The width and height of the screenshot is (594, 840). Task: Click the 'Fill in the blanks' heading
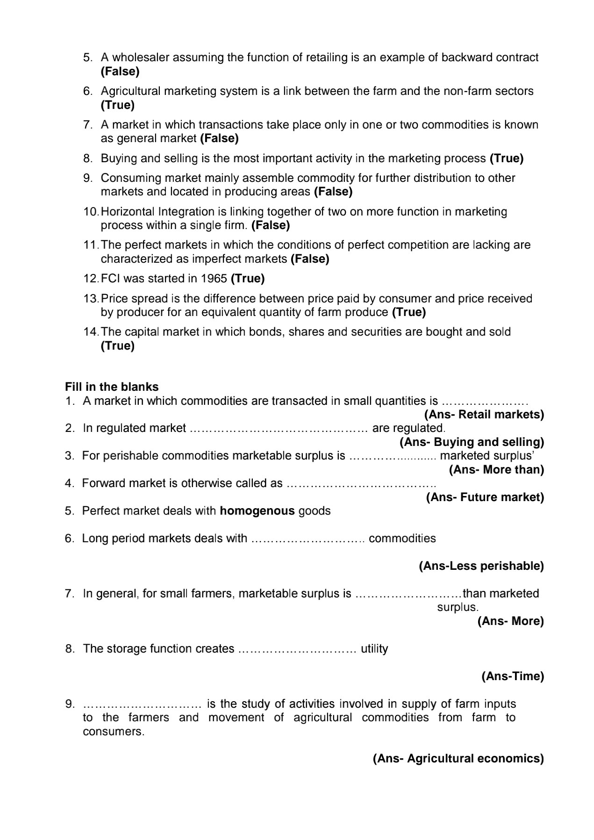112,387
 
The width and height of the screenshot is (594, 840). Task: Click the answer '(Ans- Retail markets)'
484,414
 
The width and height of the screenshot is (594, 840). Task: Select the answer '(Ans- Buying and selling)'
472,442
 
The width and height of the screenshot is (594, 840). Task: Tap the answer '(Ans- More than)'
496,469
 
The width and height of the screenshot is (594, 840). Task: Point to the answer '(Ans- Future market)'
485,497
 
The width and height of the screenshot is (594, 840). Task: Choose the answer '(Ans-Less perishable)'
481,566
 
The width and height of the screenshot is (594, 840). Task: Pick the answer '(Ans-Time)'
513,676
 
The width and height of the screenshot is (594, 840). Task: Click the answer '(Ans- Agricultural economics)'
458,759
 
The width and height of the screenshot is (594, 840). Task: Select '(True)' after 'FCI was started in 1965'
248,279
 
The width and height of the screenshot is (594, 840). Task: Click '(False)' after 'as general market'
219,138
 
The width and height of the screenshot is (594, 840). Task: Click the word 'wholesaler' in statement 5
139,57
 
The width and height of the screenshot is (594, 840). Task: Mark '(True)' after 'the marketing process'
506,158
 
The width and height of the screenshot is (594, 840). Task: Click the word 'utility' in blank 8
374,649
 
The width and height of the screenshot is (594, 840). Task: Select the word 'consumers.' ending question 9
114,732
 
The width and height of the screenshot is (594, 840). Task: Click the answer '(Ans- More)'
510,621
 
